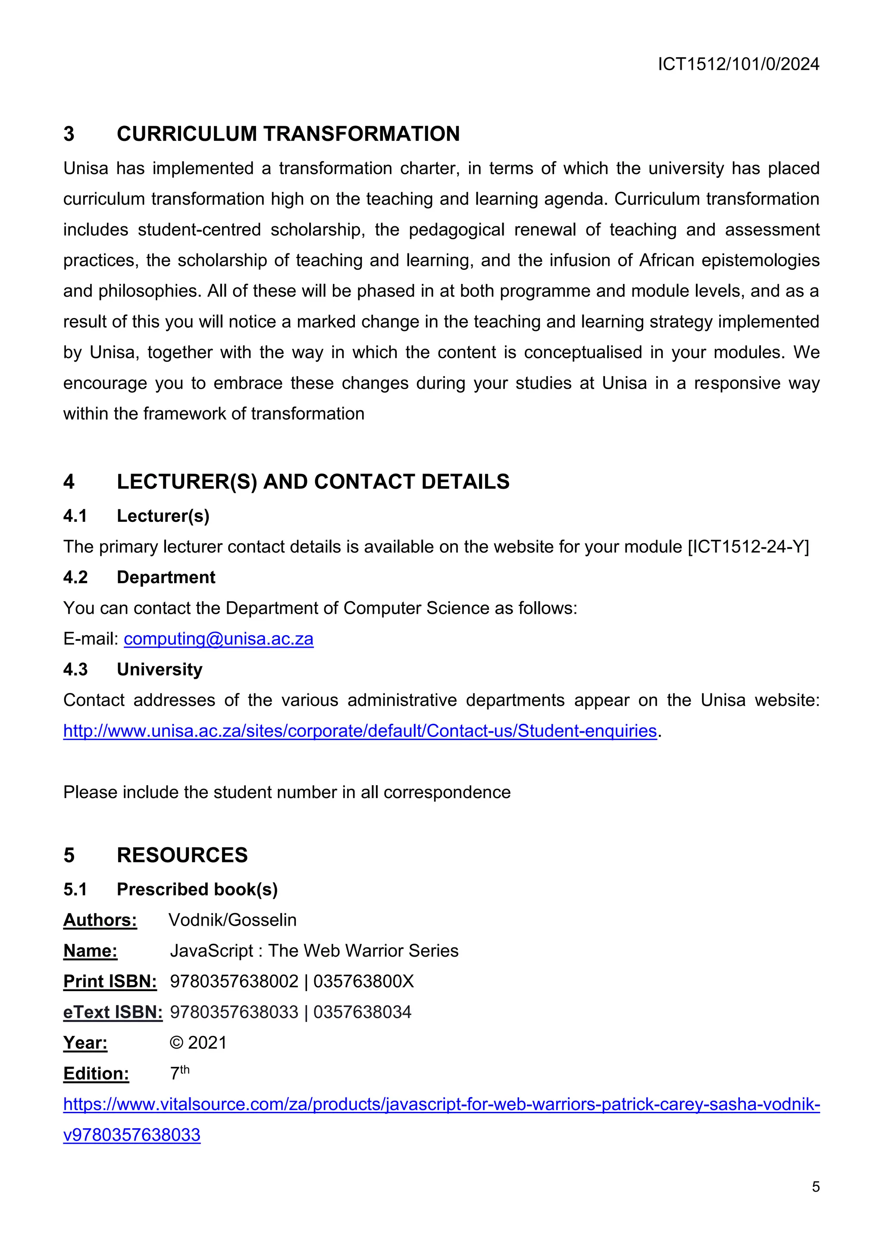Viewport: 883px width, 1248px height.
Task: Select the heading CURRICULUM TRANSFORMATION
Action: click(x=288, y=134)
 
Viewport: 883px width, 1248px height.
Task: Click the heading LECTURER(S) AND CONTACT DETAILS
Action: click(x=313, y=482)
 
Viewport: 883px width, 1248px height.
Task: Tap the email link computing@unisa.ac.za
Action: click(x=219, y=639)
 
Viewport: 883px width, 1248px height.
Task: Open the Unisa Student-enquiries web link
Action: click(x=360, y=731)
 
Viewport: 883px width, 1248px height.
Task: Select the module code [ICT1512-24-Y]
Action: click(x=748, y=547)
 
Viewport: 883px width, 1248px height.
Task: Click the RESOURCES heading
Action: click(x=182, y=855)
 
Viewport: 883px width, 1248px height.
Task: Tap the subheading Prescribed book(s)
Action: click(x=197, y=889)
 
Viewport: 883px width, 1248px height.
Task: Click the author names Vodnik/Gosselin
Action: click(x=233, y=920)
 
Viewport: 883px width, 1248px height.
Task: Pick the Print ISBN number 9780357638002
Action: click(x=235, y=982)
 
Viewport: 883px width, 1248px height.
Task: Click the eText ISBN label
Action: click(x=113, y=1012)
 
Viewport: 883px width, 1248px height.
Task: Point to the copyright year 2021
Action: click(x=207, y=1043)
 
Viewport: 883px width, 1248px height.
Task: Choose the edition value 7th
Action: click(x=179, y=1073)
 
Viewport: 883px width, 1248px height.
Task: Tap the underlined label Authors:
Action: click(x=100, y=920)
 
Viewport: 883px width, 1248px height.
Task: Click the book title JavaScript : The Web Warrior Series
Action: click(x=314, y=951)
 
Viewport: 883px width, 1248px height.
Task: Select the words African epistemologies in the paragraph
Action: click(x=729, y=260)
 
